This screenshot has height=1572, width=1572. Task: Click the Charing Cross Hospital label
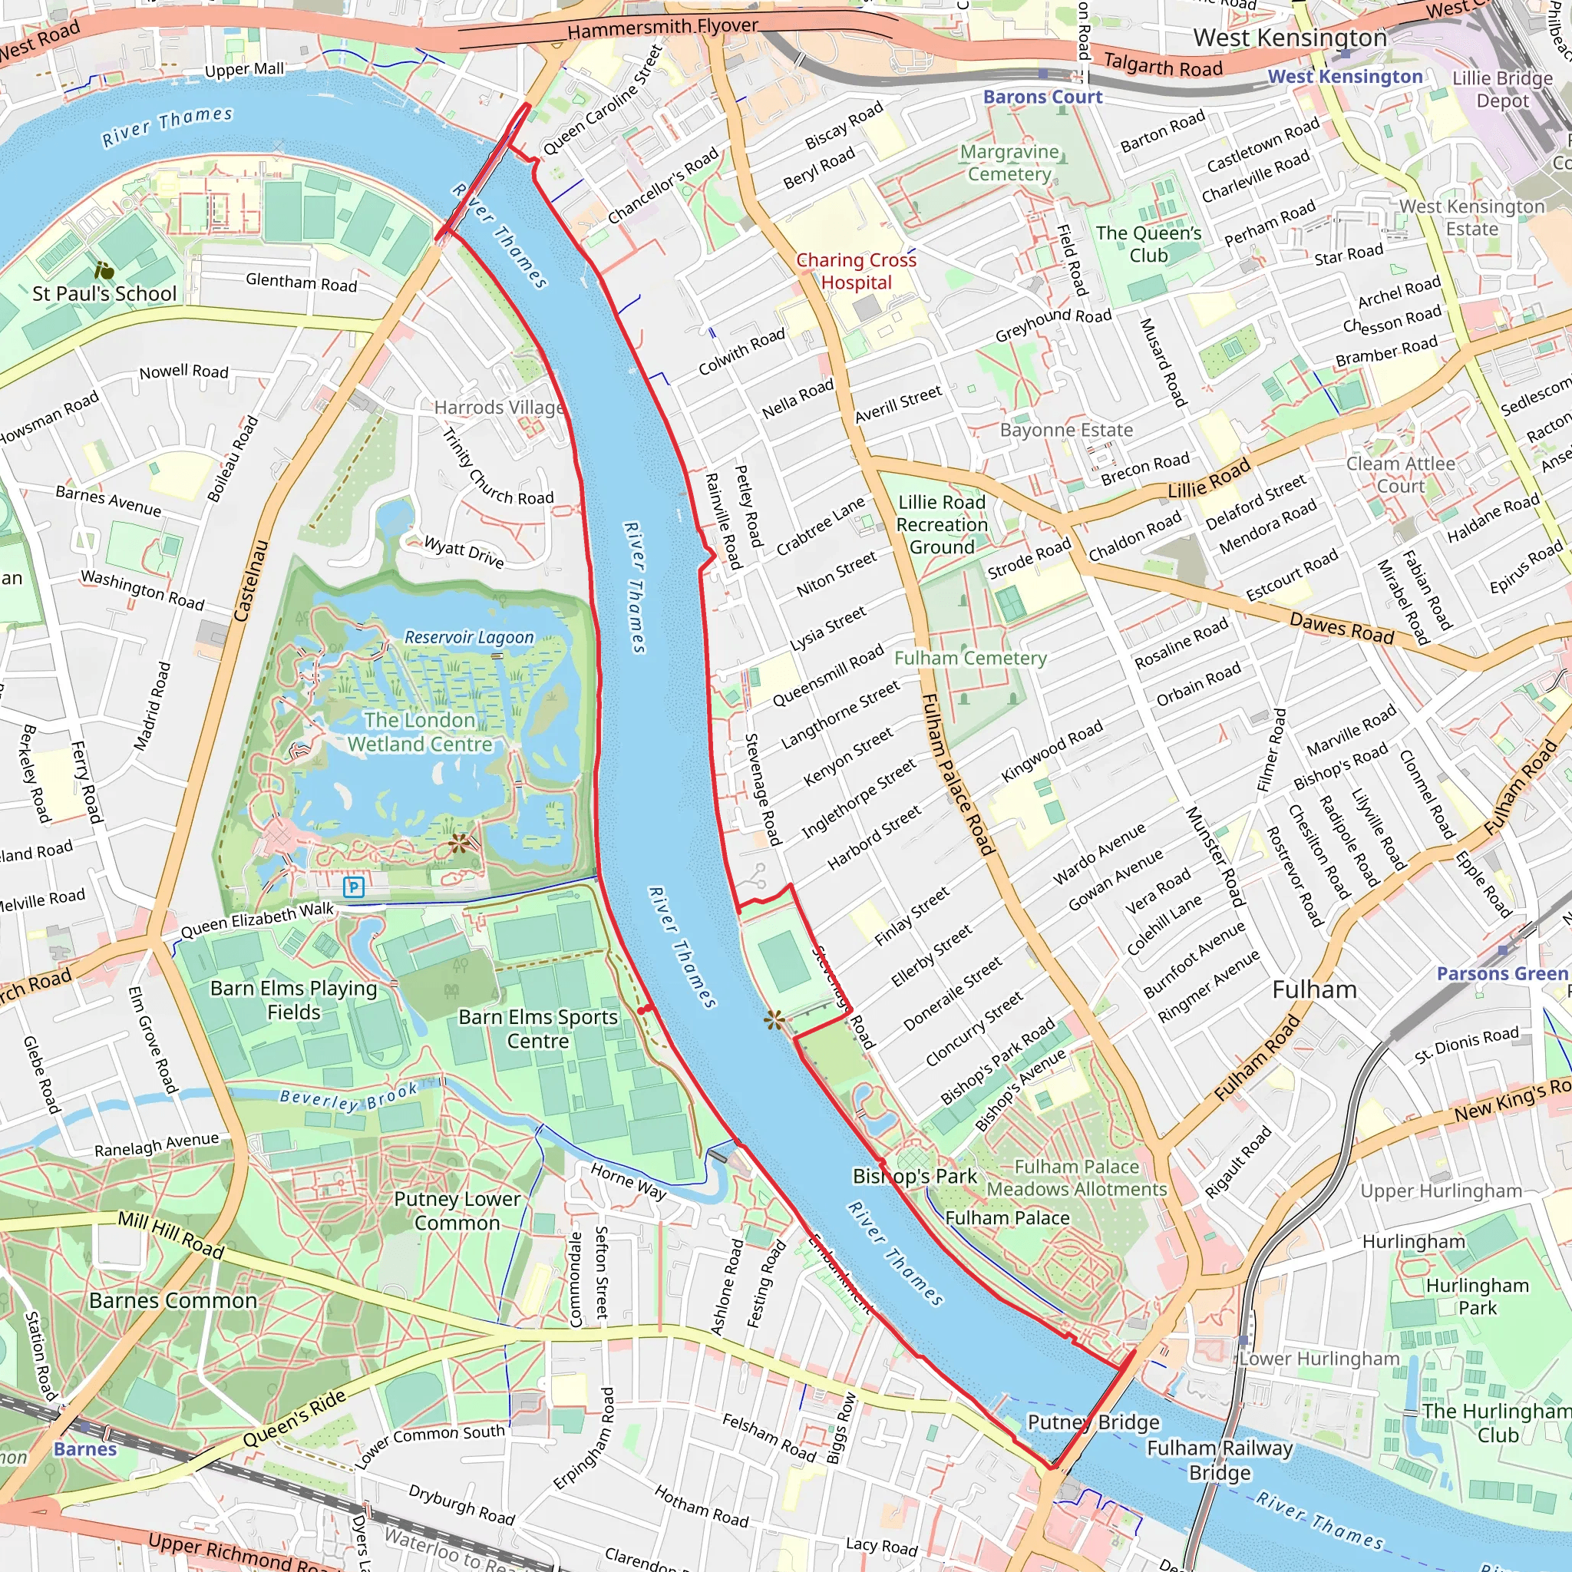pyautogui.click(x=856, y=271)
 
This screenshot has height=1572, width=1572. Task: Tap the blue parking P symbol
pyautogui.click(x=354, y=887)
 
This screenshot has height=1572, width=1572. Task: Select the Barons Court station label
pyautogui.click(x=1042, y=97)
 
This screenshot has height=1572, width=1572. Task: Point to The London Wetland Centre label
pyautogui.click(x=420, y=732)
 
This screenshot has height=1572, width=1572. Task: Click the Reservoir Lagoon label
pyautogui.click(x=470, y=637)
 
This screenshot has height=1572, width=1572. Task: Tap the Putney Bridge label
pyautogui.click(x=1093, y=1422)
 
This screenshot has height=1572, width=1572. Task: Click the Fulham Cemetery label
pyautogui.click(x=970, y=658)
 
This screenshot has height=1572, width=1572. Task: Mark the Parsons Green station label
pyautogui.click(x=1501, y=973)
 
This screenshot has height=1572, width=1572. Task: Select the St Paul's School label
pyautogui.click(x=104, y=294)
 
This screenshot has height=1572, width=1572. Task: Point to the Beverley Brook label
pyautogui.click(x=348, y=1098)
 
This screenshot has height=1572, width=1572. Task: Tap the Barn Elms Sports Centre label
pyautogui.click(x=538, y=1029)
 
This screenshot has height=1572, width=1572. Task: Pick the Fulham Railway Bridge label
pyautogui.click(x=1219, y=1460)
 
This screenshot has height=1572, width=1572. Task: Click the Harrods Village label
pyautogui.click(x=499, y=407)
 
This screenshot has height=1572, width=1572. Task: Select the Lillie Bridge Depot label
pyautogui.click(x=1502, y=90)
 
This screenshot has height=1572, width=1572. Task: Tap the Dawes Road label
pyautogui.click(x=1342, y=629)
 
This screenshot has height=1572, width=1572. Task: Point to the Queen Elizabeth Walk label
pyautogui.click(x=257, y=920)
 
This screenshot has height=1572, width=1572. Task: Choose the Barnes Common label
pyautogui.click(x=173, y=1300)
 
